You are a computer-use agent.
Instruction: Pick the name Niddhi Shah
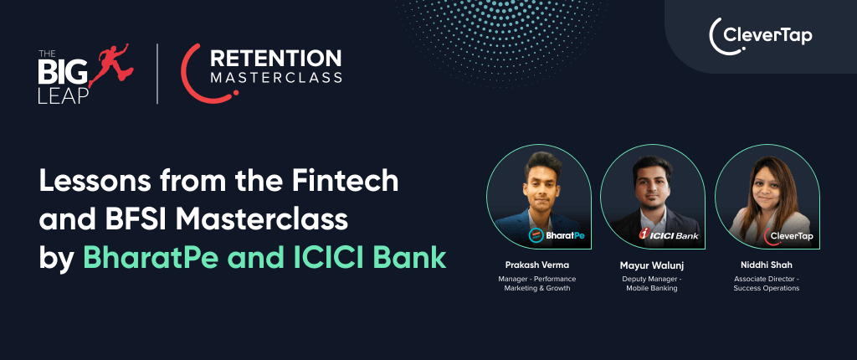click(766, 265)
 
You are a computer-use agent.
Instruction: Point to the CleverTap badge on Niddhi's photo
click(788, 237)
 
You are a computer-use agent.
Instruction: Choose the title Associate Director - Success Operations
click(766, 283)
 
